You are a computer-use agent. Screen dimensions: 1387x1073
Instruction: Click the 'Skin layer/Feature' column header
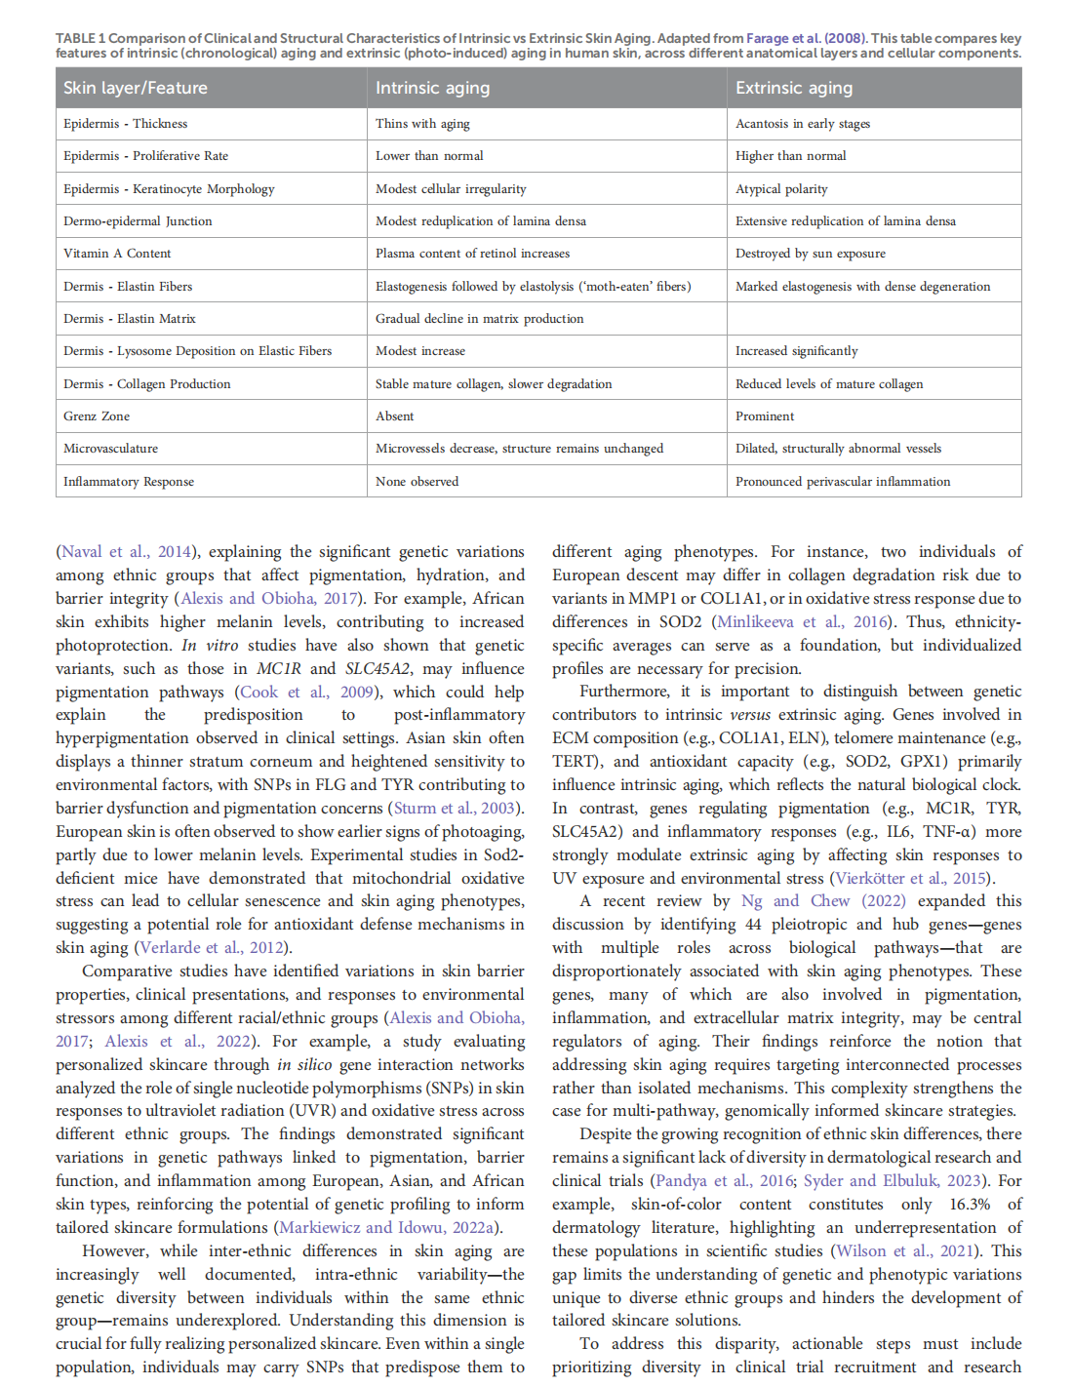[136, 88]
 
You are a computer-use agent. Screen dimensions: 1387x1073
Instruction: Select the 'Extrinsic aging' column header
[794, 88]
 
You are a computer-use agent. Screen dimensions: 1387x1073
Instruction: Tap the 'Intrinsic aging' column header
[433, 88]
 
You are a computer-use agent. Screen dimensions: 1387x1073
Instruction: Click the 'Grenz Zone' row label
[97, 416]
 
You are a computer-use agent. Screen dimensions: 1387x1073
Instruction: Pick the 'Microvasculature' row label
[110, 449]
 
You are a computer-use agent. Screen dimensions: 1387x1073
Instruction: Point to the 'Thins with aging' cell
[422, 124]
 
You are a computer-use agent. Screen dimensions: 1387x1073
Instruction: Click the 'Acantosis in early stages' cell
[803, 124]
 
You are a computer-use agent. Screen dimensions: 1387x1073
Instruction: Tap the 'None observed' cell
[417, 482]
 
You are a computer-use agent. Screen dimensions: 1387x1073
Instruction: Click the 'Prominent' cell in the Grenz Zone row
[765, 416]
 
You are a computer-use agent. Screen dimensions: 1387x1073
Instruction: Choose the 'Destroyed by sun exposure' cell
[811, 254]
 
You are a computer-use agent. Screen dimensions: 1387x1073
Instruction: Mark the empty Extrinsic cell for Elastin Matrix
[873, 319]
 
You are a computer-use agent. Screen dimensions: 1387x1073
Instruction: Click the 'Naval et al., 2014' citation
[126, 552]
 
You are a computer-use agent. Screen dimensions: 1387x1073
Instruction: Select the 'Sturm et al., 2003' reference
[454, 809]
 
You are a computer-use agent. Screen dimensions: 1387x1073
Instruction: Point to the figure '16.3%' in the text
[970, 1205]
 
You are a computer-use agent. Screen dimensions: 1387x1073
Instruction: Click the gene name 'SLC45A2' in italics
[378, 669]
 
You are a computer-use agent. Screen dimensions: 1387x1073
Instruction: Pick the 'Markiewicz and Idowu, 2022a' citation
[386, 1228]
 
